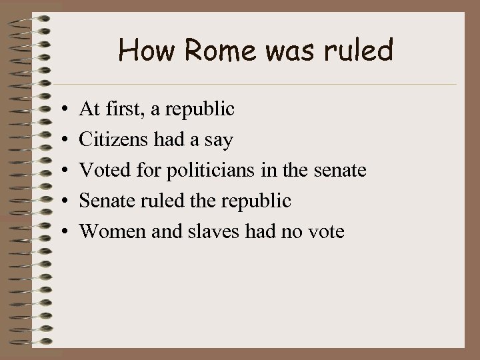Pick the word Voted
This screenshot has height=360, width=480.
tap(102, 171)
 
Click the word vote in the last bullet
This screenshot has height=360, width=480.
tap(323, 231)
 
